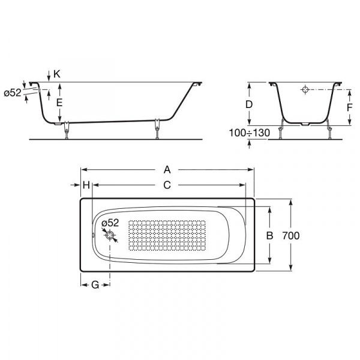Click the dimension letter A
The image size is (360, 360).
coord(167,170)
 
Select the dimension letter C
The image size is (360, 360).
coord(167,185)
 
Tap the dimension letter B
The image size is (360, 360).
coord(269,236)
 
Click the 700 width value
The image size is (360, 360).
coord(290,236)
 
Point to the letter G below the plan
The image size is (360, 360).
coord(95,285)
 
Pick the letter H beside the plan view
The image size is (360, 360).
coord(86,185)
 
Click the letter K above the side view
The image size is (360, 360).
coord(57,74)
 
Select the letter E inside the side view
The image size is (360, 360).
coord(59,103)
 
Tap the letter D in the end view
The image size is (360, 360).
coord(249,104)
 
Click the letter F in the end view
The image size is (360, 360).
coord(349,107)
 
